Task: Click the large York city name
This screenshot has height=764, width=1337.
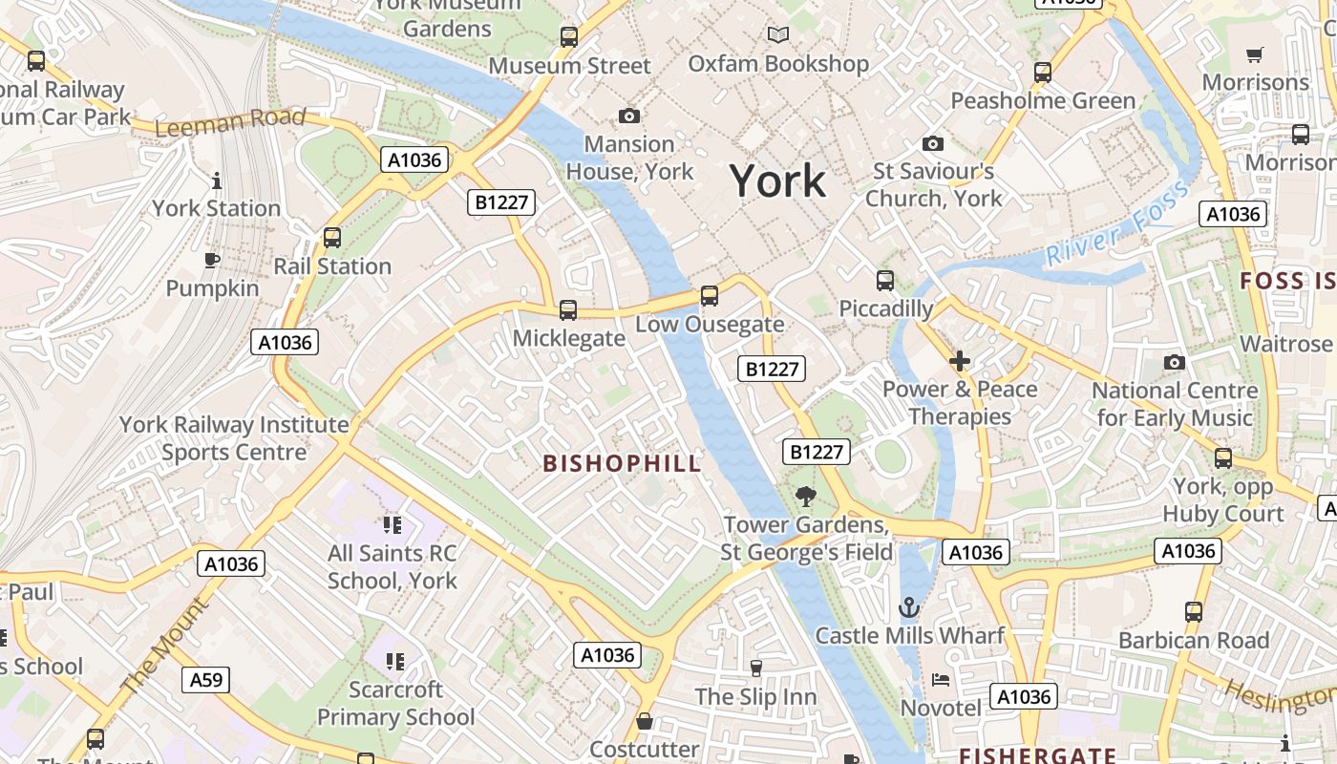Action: (777, 180)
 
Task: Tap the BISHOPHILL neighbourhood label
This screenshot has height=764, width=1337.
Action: (622, 464)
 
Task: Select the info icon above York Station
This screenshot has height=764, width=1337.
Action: (217, 180)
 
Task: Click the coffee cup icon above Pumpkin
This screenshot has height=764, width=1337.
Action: (212, 260)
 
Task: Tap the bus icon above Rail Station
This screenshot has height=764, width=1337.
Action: (332, 237)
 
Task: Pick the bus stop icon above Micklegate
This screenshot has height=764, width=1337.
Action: (568, 309)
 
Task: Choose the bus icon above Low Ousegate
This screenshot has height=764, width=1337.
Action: (709, 295)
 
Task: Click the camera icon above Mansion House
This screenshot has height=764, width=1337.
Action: (629, 116)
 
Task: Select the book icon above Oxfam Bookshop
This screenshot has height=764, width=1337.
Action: (778, 35)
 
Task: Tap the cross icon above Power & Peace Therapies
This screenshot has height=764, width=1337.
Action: (960, 361)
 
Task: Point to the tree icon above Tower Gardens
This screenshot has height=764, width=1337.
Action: (806, 496)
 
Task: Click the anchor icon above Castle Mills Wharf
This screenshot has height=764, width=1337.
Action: (909, 606)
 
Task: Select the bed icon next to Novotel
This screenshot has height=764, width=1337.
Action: (941, 680)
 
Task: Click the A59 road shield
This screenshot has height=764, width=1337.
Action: (205, 680)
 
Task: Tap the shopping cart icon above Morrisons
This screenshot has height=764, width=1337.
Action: (1255, 54)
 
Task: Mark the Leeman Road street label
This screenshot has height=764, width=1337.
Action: (229, 122)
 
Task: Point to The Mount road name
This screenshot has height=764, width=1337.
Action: (163, 646)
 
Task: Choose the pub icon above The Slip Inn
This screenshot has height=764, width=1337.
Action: (756, 668)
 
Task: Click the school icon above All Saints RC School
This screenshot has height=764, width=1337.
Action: (392, 524)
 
